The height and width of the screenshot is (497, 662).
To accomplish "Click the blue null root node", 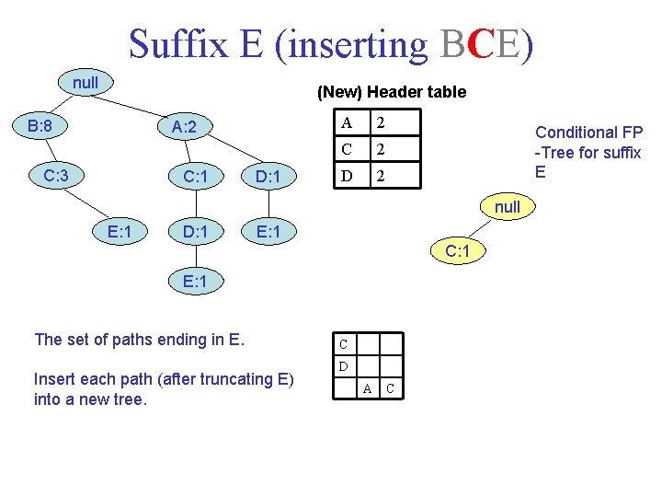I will pos(86,83).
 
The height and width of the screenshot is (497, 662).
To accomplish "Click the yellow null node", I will pos(507,207).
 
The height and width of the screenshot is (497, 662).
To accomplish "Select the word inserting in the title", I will pos(352,43).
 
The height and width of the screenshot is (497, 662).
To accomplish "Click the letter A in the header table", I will pos(346,123).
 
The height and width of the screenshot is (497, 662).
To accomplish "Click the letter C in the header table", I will pos(346,149).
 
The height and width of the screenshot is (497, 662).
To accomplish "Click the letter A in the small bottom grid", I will pos(366,389).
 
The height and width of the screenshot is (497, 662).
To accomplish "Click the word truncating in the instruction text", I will pos(231,379).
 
